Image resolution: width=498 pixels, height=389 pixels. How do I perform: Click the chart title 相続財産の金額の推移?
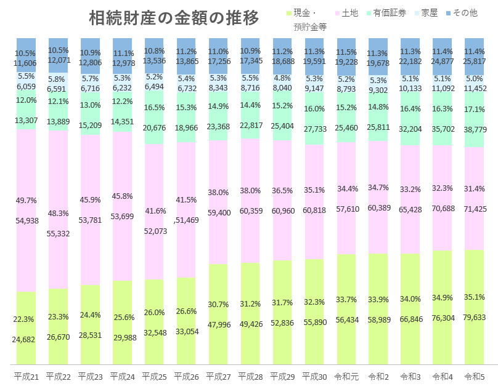174,18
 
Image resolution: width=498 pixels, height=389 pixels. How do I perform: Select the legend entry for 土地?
346,13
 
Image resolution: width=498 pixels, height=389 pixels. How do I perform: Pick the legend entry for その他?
461,13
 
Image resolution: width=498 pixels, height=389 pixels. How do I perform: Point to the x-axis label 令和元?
346,375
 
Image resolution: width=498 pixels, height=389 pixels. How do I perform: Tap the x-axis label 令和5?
473,375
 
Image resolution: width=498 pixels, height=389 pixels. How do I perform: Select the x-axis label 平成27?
218,375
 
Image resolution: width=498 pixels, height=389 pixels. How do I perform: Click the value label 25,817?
474,62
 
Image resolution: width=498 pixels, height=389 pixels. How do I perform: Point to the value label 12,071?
59,60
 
